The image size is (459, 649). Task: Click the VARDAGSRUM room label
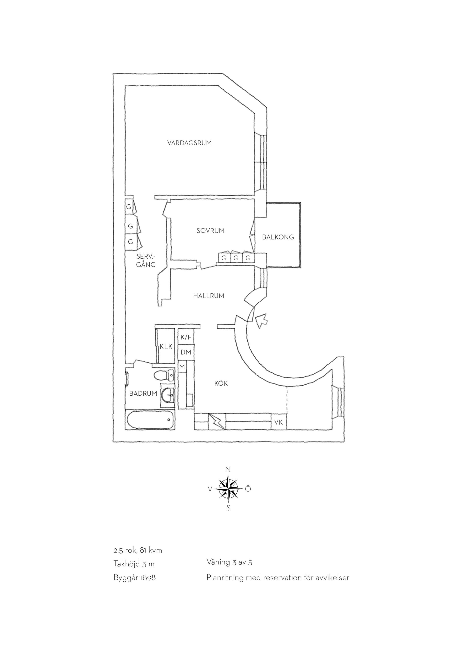click(x=189, y=143)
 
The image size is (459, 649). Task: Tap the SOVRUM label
click(x=211, y=231)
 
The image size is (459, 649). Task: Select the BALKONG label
click(x=278, y=237)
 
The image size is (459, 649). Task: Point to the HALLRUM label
click(x=209, y=296)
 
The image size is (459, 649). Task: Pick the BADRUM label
click(x=143, y=393)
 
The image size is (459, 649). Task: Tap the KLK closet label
click(x=166, y=347)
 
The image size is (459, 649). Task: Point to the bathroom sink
click(x=168, y=395)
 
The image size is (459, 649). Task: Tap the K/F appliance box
click(x=186, y=337)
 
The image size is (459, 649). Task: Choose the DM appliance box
click(x=186, y=352)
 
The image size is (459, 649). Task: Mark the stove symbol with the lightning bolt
click(x=217, y=422)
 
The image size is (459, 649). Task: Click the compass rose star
click(x=228, y=497)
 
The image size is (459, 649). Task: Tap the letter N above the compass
click(x=228, y=478)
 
